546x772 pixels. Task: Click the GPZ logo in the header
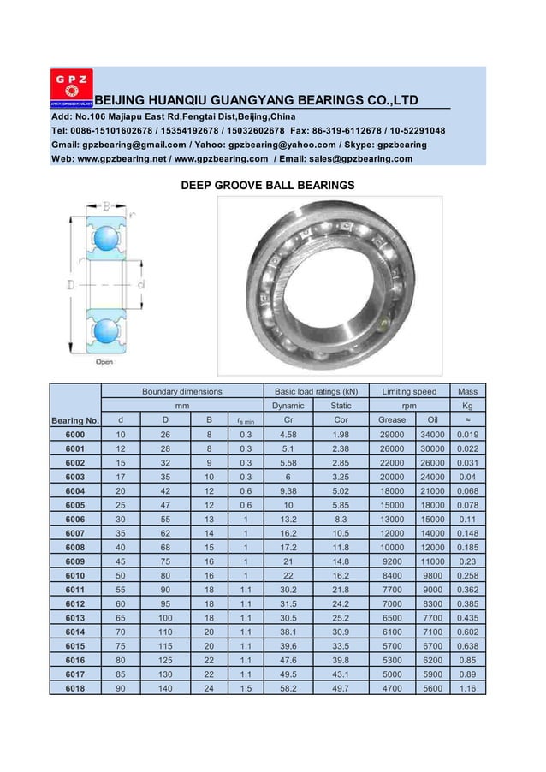click(74, 87)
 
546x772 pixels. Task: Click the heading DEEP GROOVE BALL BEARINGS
click(267, 185)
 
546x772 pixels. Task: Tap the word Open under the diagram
click(104, 361)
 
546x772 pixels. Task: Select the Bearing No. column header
click(75, 420)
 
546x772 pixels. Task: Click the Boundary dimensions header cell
click(181, 391)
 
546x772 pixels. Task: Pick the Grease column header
click(392, 420)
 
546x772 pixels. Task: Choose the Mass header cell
click(467, 391)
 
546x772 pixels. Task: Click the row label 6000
click(75, 435)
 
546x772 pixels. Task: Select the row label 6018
click(75, 687)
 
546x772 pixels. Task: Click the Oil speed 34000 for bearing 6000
click(432, 435)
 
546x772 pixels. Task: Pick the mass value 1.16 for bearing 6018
click(467, 687)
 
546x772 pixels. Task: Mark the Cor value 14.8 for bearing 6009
click(341, 561)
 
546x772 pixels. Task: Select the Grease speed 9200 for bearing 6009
click(392, 561)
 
